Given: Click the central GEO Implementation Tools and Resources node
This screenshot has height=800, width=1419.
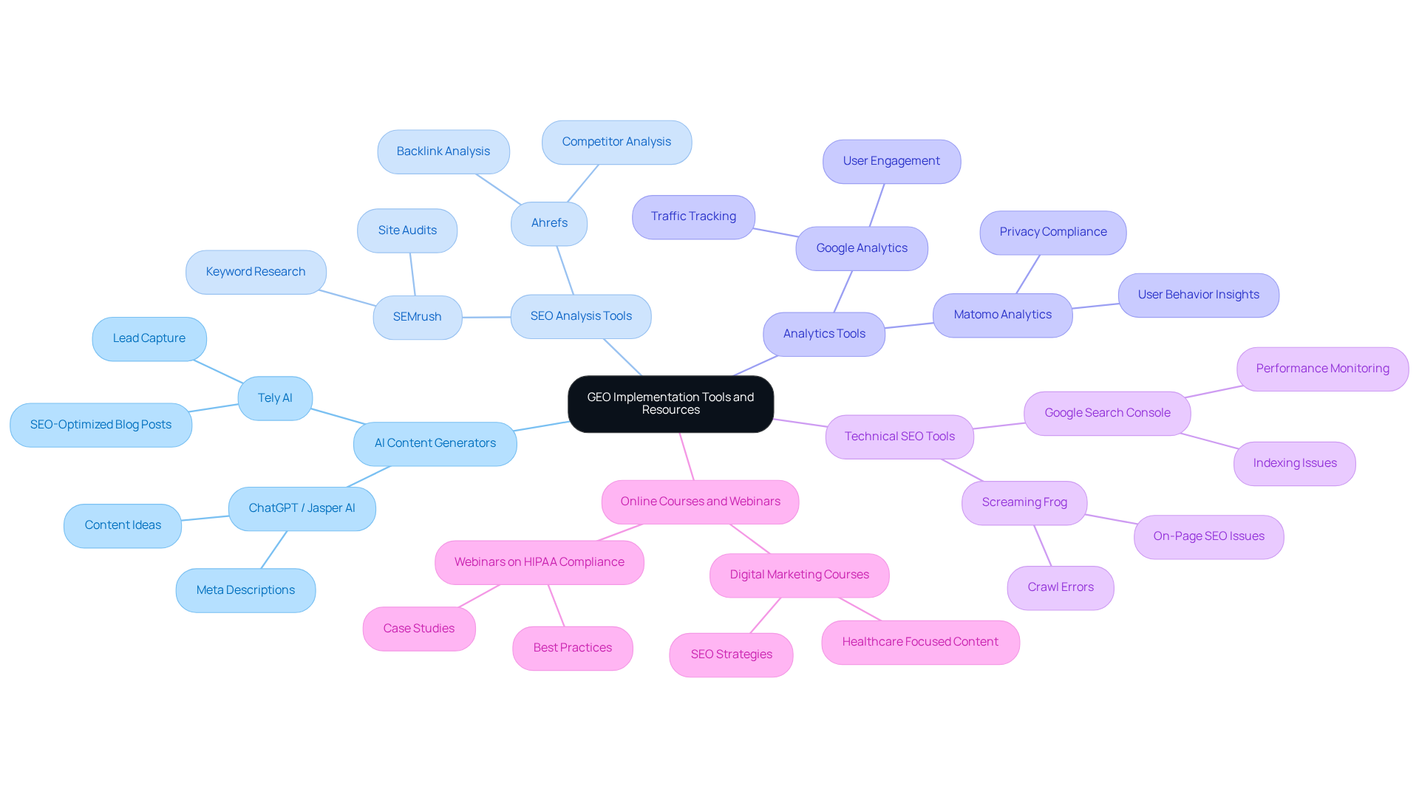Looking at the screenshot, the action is click(x=670, y=403).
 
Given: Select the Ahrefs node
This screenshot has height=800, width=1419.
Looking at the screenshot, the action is click(x=549, y=223).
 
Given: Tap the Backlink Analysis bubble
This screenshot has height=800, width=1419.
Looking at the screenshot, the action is click(x=443, y=151).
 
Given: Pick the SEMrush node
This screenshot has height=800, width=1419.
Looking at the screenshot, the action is click(x=417, y=317).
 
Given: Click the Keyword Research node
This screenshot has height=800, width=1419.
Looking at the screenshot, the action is click(x=255, y=272).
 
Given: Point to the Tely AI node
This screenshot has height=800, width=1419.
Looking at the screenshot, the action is click(x=275, y=398).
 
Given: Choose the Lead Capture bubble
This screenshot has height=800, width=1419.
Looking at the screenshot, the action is click(x=149, y=338).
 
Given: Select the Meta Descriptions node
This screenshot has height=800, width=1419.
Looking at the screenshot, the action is click(x=245, y=590).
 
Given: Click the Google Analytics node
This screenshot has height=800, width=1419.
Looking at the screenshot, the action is click(x=861, y=248).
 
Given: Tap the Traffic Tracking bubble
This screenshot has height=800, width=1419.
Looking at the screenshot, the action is click(x=693, y=216).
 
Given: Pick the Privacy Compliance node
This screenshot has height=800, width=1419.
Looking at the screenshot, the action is click(x=1052, y=232).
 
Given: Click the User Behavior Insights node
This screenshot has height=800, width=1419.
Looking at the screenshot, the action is click(x=1198, y=295).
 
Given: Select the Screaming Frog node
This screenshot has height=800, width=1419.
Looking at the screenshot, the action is click(x=1024, y=502).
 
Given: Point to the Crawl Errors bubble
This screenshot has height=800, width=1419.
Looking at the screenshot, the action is click(x=1060, y=587).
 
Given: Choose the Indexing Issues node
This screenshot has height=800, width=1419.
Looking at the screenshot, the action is click(x=1294, y=463).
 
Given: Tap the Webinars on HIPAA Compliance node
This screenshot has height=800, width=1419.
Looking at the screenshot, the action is click(x=539, y=562).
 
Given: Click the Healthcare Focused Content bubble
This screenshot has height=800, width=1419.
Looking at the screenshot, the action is click(x=919, y=642).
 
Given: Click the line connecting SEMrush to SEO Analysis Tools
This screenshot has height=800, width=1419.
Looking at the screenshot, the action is click(x=486, y=317).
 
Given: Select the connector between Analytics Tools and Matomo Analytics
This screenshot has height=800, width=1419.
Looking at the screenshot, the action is click(x=909, y=326).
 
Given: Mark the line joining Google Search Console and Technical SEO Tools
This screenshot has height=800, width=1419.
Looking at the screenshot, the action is click(x=998, y=425).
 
